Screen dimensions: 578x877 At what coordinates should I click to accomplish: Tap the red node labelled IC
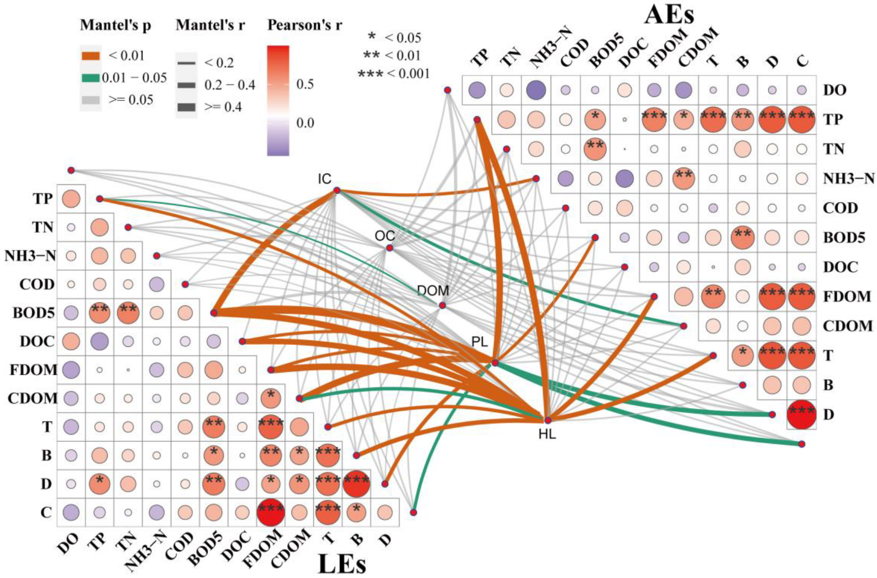(x=337, y=191)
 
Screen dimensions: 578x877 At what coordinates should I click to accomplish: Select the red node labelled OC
(x=389, y=248)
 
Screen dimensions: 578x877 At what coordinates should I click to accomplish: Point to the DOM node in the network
(x=442, y=305)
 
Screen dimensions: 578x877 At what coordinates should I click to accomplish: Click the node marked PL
(x=495, y=363)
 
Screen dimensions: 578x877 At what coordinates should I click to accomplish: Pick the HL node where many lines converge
(x=548, y=419)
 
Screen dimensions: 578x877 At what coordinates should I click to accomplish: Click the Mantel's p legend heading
(x=116, y=25)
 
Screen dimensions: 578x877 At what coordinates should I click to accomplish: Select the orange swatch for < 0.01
(x=90, y=56)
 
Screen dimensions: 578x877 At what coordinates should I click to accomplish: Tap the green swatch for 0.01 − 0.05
(x=90, y=78)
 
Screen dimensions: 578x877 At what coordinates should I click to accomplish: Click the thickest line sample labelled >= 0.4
(x=186, y=107)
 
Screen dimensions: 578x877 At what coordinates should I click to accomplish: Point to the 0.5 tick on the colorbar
(x=305, y=84)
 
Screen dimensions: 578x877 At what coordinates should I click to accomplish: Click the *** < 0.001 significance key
(x=393, y=74)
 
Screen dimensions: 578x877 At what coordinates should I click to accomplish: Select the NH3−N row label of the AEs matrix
(x=848, y=178)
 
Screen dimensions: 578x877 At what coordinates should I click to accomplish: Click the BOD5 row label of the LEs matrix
(x=33, y=313)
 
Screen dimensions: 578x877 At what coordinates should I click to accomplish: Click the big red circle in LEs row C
(x=271, y=512)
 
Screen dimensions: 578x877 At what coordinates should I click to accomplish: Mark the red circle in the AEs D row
(x=801, y=414)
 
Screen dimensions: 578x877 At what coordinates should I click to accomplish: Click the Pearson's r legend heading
(x=305, y=25)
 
